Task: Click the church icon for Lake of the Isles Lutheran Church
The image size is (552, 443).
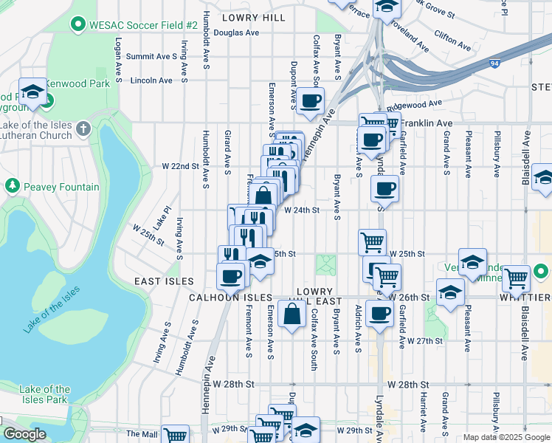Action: click(83, 129)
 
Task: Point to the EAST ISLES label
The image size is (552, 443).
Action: click(164, 281)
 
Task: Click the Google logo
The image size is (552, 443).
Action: click(24, 434)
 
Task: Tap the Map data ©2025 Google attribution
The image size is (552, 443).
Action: click(506, 437)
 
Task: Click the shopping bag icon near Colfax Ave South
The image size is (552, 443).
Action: click(293, 313)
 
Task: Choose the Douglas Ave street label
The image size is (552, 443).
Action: click(236, 33)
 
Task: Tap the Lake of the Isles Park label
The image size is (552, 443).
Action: click(45, 394)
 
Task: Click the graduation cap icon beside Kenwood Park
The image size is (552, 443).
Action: click(32, 92)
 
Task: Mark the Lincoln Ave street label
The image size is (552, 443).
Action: click(151, 80)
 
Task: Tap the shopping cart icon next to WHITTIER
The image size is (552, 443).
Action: click(516, 279)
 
